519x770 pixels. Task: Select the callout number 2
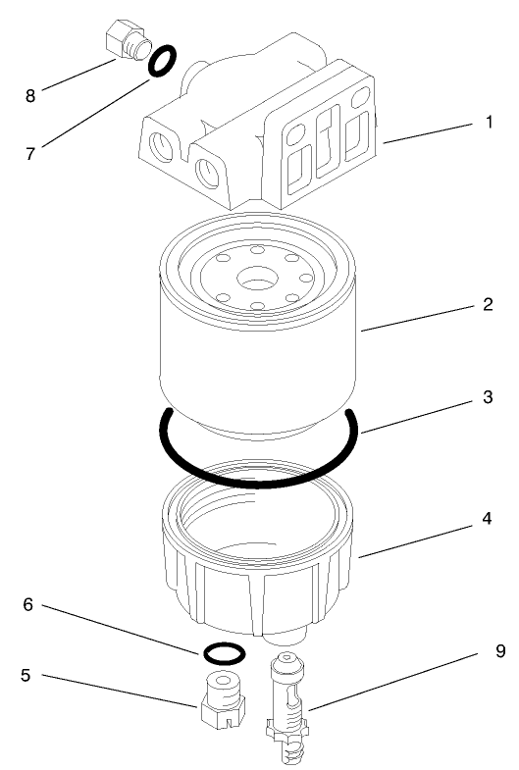pyautogui.click(x=487, y=304)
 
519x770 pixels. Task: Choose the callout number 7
pyautogui.click(x=28, y=154)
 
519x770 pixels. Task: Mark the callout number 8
pyautogui.click(x=28, y=95)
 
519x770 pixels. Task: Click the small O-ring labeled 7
pyautogui.click(x=163, y=62)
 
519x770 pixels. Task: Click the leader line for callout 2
pyautogui.click(x=422, y=319)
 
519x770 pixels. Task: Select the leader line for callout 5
pyautogui.click(x=118, y=689)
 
